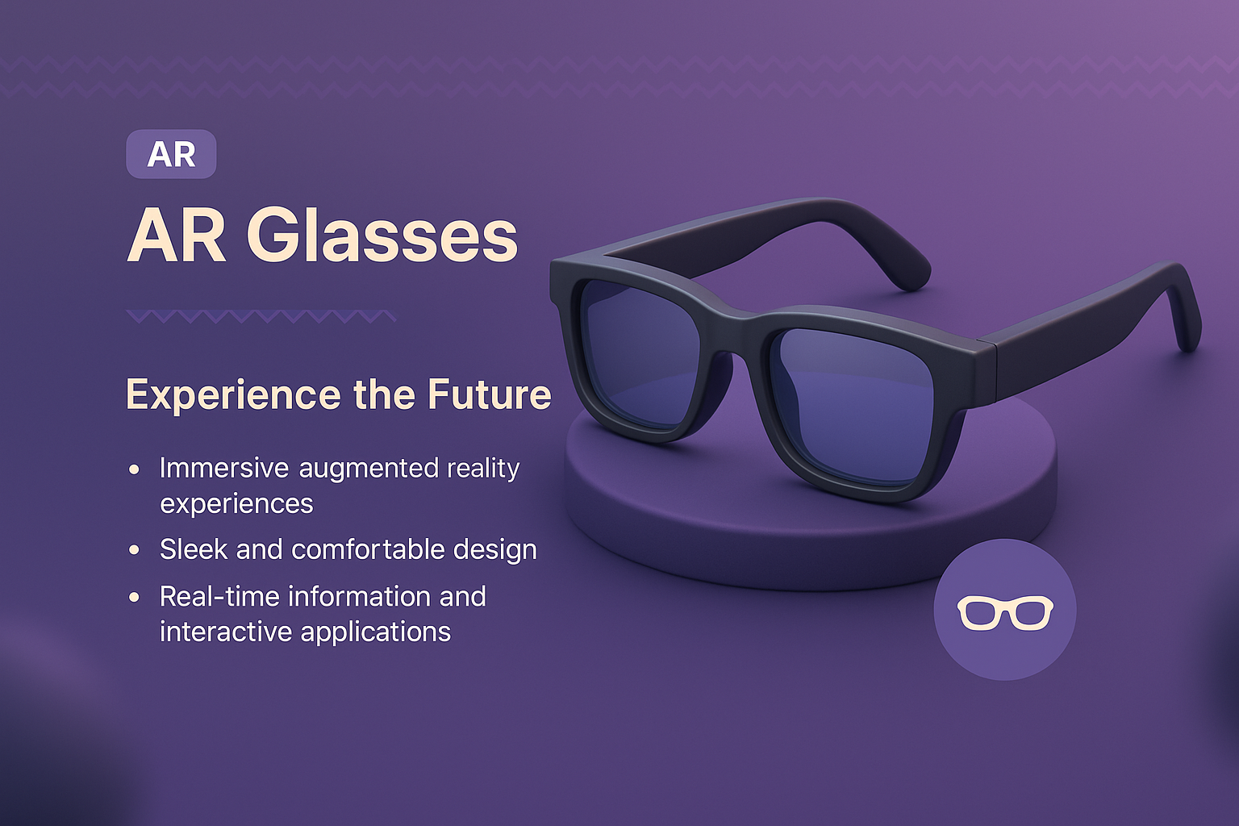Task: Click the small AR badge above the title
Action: point(171,154)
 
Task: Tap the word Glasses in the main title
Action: point(387,236)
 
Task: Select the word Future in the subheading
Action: point(489,394)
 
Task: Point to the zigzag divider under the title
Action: point(261,316)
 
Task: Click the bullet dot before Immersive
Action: point(134,469)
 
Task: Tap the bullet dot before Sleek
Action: point(134,550)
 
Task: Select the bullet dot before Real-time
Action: point(134,597)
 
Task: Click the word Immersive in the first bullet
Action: point(223,468)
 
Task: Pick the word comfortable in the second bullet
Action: point(368,549)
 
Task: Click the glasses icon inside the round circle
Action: point(1005,612)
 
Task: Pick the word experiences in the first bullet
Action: point(236,504)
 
